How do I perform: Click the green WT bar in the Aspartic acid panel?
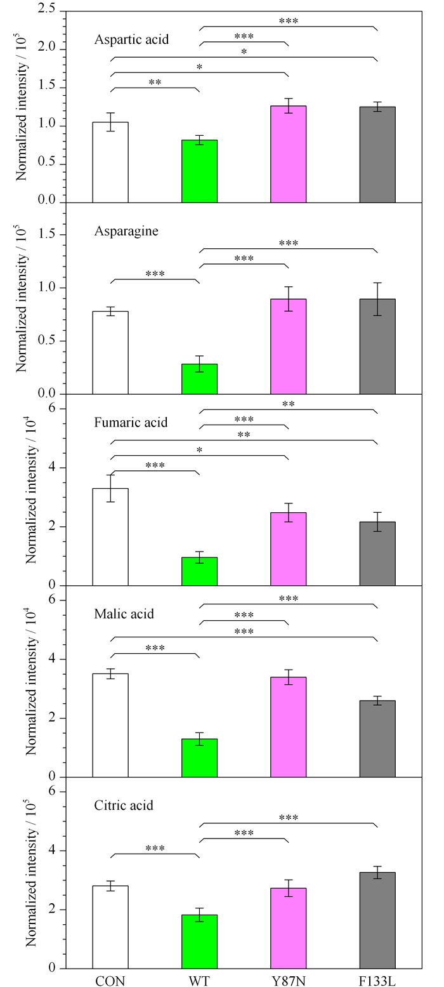[x=200, y=171]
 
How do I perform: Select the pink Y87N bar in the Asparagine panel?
[x=289, y=347]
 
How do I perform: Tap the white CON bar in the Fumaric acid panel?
[x=110, y=537]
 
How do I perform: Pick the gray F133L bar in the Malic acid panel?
[x=377, y=739]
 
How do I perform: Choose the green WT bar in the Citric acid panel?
[x=200, y=942]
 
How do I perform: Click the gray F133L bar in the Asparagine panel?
[x=377, y=347]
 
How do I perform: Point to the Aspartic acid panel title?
[x=131, y=39]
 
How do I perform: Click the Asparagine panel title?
[x=126, y=231]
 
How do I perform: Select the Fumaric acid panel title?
[x=131, y=423]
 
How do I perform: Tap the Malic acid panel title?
[x=124, y=614]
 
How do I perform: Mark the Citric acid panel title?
[x=124, y=805]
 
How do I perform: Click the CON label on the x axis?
[x=110, y=981]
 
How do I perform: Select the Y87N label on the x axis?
[x=289, y=981]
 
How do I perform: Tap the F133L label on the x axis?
[x=377, y=981]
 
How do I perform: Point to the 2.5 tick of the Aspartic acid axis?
[x=47, y=9]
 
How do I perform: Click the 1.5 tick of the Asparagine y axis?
[x=47, y=234]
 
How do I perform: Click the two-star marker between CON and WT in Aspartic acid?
[x=155, y=83]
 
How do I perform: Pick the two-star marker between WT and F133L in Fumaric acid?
[x=289, y=404]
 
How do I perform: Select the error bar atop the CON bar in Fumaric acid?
[x=110, y=488]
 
